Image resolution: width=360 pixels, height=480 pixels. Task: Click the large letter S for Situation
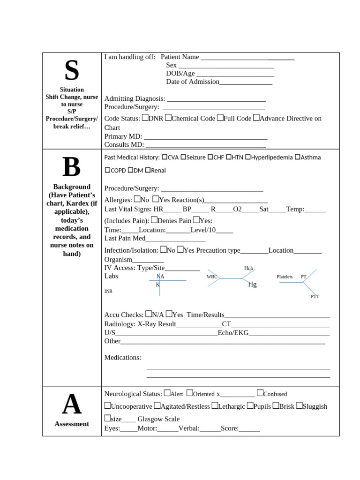point(72,70)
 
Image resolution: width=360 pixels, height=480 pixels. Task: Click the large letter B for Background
point(72,167)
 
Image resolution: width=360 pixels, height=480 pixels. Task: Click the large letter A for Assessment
point(72,405)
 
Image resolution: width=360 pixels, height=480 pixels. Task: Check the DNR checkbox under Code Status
point(145,118)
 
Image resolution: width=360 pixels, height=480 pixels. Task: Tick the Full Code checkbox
point(220,118)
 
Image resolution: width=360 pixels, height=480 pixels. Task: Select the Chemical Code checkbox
point(168,118)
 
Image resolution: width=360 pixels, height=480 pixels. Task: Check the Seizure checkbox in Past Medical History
point(183,157)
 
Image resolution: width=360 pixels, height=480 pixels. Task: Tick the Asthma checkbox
point(298,157)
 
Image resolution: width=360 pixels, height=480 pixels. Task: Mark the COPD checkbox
point(107,170)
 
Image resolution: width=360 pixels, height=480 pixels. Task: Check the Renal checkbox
point(148,170)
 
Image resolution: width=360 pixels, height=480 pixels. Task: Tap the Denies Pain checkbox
point(154,220)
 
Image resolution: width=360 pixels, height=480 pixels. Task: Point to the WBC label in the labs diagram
point(212,277)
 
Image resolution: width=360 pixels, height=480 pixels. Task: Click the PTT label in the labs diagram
point(315,297)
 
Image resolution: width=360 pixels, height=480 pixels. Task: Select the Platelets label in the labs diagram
point(285,277)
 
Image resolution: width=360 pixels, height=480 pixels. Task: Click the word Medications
point(123,358)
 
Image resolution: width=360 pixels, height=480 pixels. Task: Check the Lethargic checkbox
point(215,405)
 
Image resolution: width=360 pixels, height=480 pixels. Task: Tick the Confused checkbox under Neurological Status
point(260,393)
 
